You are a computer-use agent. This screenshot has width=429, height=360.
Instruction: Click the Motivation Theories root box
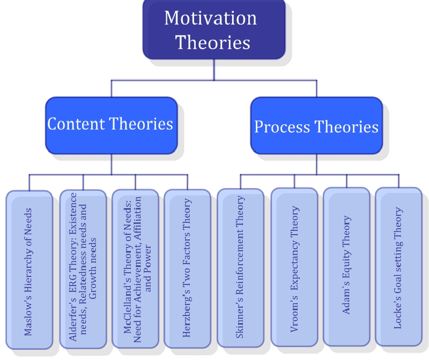pos(213,29)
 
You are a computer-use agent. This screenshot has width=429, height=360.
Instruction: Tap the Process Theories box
pos(316,126)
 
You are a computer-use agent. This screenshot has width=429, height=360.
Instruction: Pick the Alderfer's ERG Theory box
pos(82,268)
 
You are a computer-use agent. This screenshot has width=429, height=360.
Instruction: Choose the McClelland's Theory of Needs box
pos(135,268)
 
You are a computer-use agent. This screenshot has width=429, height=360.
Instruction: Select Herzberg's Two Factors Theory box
pos(187,268)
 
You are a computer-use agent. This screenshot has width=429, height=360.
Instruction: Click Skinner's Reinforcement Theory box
pos(240,268)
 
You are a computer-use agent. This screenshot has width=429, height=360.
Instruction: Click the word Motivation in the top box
pos(210,18)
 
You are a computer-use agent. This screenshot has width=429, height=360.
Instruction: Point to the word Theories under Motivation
pos(213,42)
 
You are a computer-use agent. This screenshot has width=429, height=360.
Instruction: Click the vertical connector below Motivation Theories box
pos(214,70)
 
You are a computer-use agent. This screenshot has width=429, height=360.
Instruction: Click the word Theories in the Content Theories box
pos(142,124)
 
